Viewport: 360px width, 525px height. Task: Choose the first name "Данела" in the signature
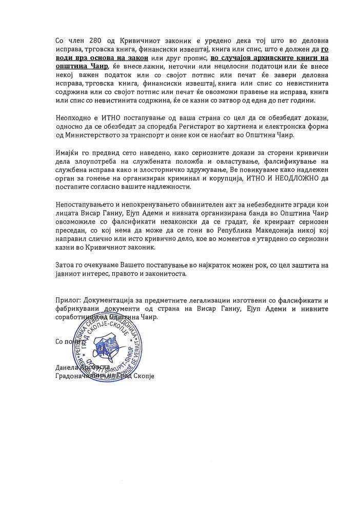(65, 368)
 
